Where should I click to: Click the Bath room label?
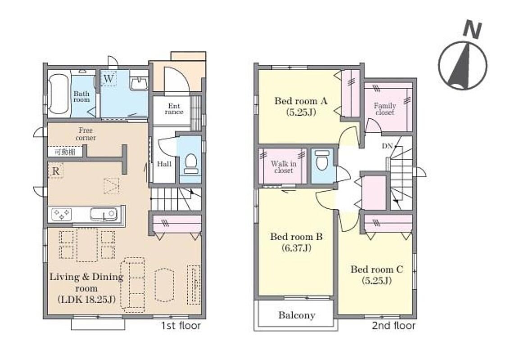pyautogui.click(x=82, y=97)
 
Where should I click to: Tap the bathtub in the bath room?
pyautogui.click(x=59, y=94)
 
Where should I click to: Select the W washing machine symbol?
pyautogui.click(x=109, y=78)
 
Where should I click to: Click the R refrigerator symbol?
pyautogui.click(x=56, y=171)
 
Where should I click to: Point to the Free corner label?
pyautogui.click(x=86, y=134)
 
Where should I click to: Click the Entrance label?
pyautogui.click(x=174, y=109)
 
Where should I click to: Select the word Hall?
pyautogui.click(x=164, y=164)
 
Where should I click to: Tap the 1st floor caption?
pyautogui.click(x=181, y=325)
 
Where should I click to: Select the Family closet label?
pyautogui.click(x=385, y=109)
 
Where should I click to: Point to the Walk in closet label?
pyautogui.click(x=283, y=167)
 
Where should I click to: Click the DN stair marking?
pyautogui.click(x=387, y=146)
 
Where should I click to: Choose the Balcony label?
pyautogui.click(x=297, y=315)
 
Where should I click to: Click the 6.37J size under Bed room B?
pyautogui.click(x=296, y=248)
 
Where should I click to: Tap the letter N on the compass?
pyautogui.click(x=472, y=30)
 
